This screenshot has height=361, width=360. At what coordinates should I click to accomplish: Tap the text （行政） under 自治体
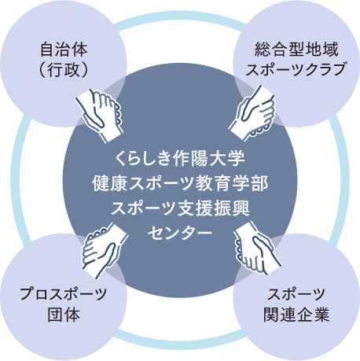tap(61, 71)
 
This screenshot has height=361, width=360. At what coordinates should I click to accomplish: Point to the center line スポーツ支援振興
tap(180, 208)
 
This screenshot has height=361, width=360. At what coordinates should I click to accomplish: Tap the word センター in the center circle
tap(180, 234)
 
